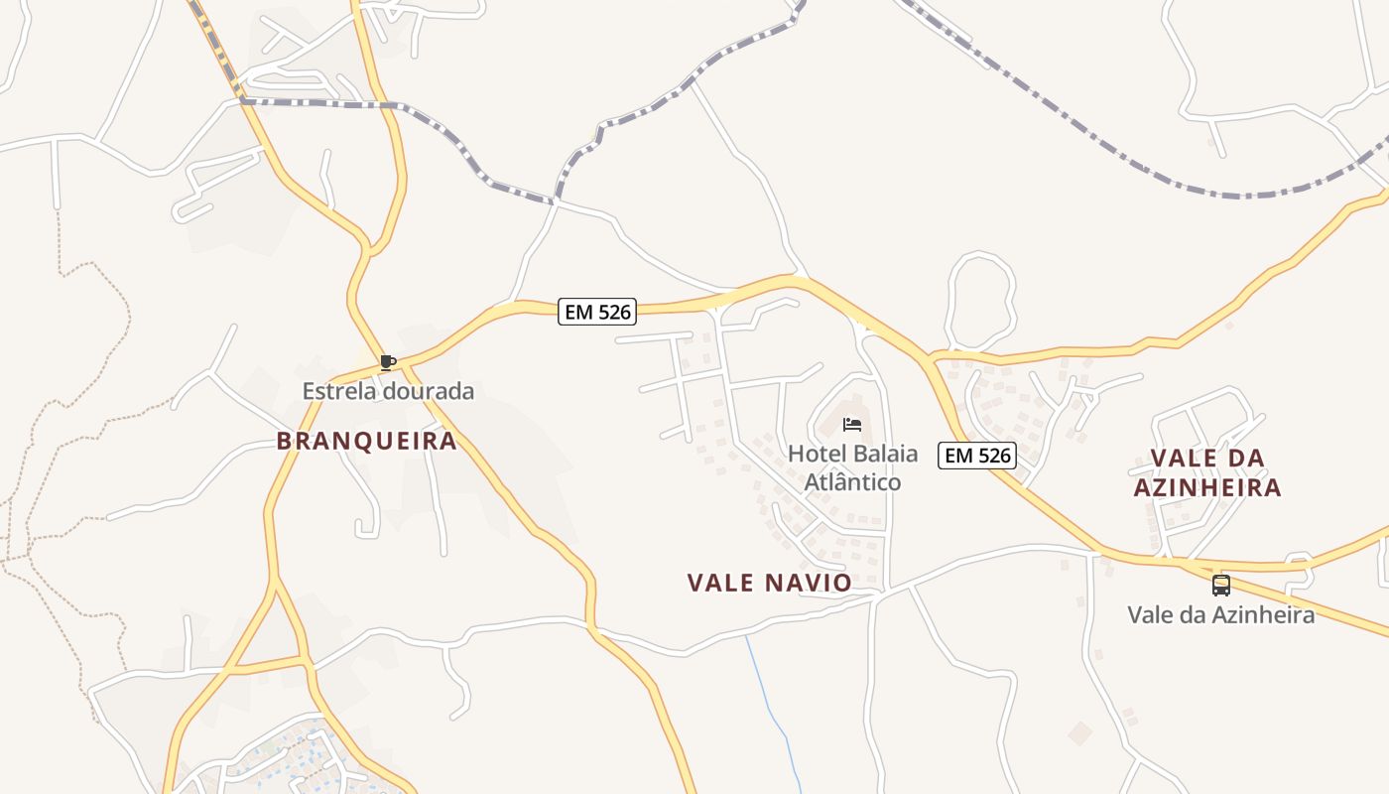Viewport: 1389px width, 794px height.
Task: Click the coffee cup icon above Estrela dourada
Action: [x=388, y=362]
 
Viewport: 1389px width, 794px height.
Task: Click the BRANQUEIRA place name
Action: [x=367, y=441]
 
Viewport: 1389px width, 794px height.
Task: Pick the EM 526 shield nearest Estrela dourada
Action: [x=596, y=312]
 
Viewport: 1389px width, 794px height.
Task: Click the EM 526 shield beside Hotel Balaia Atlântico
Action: [x=978, y=456]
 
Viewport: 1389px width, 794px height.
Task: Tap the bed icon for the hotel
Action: [x=851, y=425]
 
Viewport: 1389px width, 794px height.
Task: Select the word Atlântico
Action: [x=852, y=482]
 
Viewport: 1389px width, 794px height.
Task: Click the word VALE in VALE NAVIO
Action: [x=721, y=583]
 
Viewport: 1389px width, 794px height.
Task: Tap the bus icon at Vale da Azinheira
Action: [x=1221, y=586]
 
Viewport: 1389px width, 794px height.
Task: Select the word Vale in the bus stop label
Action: [x=1149, y=614]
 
